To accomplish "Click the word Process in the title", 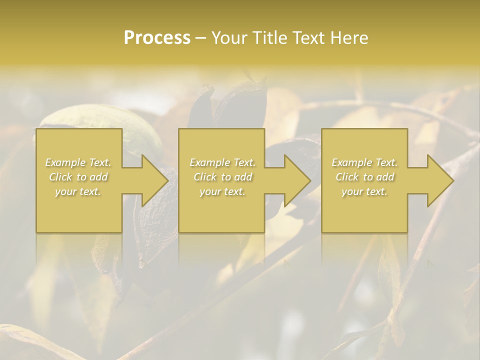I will tap(157, 38).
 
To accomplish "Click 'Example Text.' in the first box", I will tap(78, 162).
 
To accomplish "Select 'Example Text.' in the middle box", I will tap(222, 162).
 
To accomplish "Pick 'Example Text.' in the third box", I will tap(364, 162).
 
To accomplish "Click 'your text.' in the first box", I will tap(78, 191).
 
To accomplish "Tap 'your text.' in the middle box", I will tap(222, 191).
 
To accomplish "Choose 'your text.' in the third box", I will tap(364, 191).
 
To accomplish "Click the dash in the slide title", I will tap(201, 38).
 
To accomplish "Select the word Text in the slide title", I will tap(306, 38).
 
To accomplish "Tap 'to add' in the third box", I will tap(379, 177).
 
